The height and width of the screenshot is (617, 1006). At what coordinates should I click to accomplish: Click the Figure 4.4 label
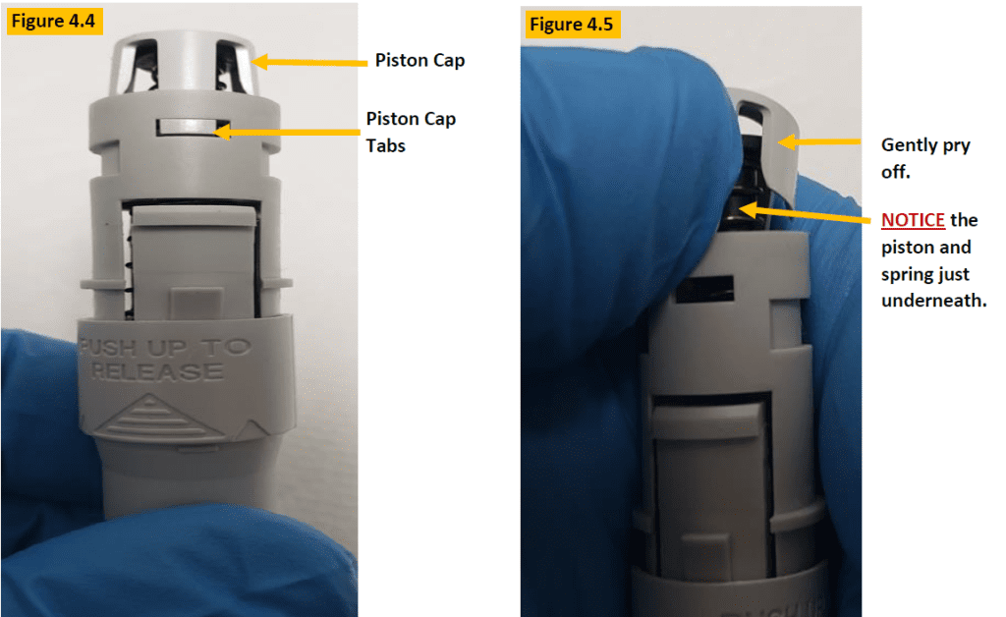coord(55,22)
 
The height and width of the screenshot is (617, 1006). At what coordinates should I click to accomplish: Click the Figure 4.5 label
coord(569,25)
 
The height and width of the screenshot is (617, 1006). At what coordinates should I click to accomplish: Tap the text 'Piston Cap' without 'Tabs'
coord(419,61)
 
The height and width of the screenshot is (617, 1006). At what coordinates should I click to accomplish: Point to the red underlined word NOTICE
coord(914,220)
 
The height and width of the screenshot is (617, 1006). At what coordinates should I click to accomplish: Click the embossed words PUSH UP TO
coord(165,348)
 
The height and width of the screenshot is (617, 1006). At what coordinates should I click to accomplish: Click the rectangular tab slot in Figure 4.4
coord(193,129)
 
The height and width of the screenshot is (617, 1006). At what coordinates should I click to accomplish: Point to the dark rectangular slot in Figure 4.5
coord(709,286)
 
